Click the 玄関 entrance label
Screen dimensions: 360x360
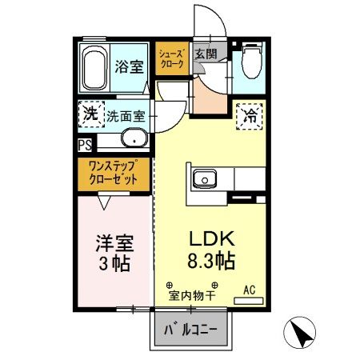(206, 55)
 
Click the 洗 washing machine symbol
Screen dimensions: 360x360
(91, 114)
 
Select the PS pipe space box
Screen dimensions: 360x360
(85, 145)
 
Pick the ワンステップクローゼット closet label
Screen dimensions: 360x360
(114, 174)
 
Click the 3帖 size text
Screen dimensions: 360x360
(114, 263)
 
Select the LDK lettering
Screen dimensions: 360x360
(211, 238)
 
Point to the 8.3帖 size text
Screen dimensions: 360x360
(211, 261)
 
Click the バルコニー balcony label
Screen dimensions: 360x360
(192, 330)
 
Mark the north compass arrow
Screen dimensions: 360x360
(299, 333)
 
